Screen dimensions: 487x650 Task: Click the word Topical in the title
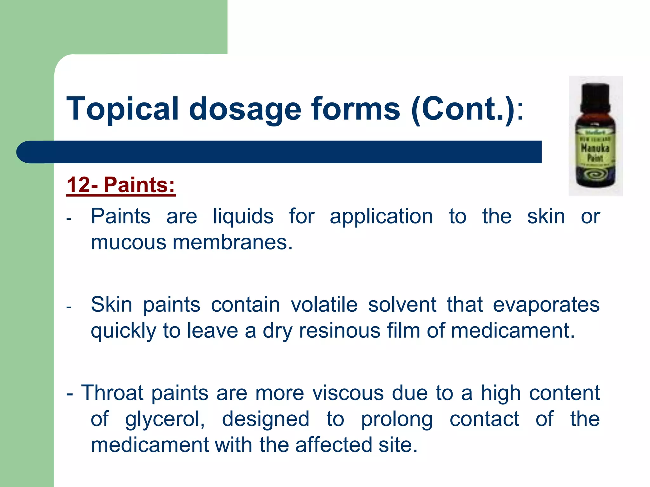point(122,109)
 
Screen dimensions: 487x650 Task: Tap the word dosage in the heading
point(245,109)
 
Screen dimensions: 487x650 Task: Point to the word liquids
point(243,217)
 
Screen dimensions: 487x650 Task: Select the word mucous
point(128,243)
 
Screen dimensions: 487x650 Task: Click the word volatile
point(324,305)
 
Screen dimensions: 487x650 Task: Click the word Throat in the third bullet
point(112,393)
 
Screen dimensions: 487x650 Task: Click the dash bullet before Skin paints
point(69,307)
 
